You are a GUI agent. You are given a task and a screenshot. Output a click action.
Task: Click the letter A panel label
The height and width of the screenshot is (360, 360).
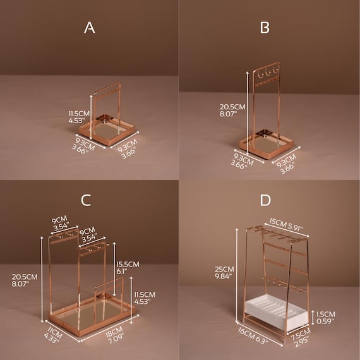point(89,28)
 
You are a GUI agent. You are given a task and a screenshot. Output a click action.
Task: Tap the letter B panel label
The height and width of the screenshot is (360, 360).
point(265,28)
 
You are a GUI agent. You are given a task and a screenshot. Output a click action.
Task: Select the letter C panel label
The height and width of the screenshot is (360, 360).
point(86,200)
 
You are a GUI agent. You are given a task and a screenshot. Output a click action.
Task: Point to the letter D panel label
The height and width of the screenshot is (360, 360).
point(265,200)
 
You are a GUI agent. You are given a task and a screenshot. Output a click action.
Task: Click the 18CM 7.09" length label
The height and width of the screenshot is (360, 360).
point(114,335)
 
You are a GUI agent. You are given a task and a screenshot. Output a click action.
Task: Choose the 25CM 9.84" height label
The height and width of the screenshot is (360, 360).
point(224,272)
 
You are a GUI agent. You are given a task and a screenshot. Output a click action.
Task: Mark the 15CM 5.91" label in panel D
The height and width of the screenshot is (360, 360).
point(286,224)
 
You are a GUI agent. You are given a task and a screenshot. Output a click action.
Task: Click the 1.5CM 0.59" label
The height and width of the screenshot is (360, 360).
point(325,318)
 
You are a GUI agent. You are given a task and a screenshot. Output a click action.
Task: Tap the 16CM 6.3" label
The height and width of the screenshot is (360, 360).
point(253,335)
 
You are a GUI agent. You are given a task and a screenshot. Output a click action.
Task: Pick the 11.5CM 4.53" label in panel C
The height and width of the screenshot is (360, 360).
point(145,297)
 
